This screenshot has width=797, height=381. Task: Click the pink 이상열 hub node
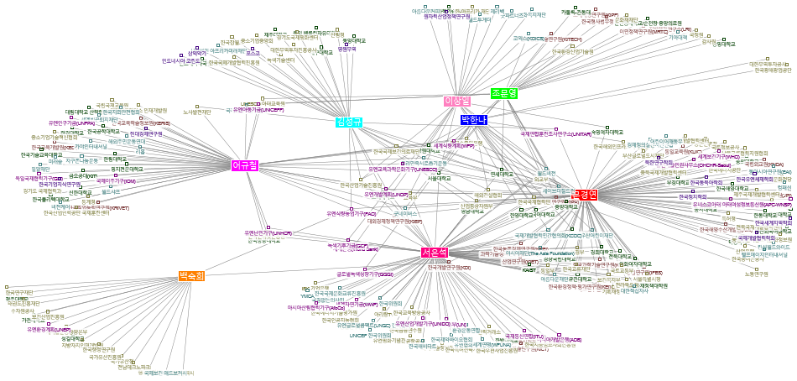(457, 101)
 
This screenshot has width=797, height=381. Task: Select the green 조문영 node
(505, 93)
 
